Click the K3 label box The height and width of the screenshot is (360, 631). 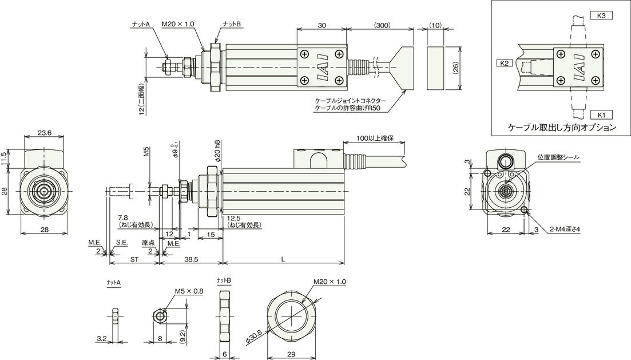[601, 15]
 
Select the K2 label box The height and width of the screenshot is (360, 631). [505, 63]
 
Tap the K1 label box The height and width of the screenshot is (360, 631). [601, 115]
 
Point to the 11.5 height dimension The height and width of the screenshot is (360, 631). [3, 159]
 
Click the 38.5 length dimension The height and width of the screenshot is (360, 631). [191, 260]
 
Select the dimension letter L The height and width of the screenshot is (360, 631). [283, 260]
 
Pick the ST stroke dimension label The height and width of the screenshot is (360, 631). [134, 260]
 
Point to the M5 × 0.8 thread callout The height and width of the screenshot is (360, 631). [189, 291]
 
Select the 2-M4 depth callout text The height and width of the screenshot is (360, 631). [565, 230]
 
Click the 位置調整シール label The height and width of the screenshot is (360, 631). [558, 157]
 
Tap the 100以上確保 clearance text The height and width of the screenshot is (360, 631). [375, 138]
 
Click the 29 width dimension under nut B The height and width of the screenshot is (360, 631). [292, 354]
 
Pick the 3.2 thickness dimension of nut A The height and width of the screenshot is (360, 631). [101, 339]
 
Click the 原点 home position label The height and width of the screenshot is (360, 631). [148, 243]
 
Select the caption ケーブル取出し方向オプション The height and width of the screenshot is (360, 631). [562, 128]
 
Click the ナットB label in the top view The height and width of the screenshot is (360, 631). [231, 25]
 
